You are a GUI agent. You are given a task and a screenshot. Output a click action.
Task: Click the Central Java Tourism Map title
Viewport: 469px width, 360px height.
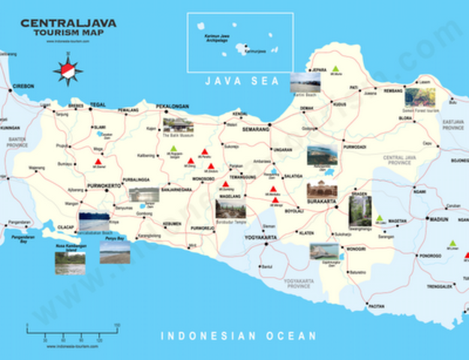pos(68,28)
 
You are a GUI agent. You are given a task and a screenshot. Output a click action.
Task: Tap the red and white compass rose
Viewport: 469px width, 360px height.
pos(68,70)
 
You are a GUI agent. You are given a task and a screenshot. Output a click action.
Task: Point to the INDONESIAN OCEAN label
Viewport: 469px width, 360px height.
pos(239,336)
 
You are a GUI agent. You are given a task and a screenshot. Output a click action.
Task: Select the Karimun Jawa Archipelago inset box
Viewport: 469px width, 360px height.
pos(239,42)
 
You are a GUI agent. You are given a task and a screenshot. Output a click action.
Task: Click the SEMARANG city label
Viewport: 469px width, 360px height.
pos(255,129)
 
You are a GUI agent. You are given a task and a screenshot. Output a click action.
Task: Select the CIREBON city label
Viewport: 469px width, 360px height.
pos(23,86)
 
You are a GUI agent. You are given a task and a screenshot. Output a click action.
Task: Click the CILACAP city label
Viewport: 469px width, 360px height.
pos(66,228)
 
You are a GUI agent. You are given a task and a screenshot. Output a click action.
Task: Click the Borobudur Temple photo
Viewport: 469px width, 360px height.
pos(230,207)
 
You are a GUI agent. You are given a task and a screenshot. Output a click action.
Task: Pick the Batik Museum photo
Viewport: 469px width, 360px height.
pos(178,124)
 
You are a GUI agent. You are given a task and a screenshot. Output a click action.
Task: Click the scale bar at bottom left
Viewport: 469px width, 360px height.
pos(73,330)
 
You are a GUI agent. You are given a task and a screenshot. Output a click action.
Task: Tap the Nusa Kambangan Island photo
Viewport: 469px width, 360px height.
pos(69,262)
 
